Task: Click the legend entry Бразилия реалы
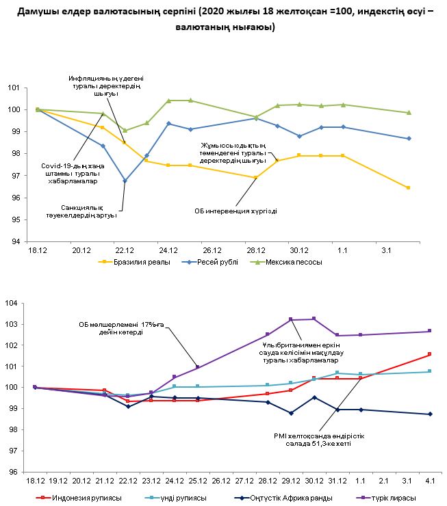(x=138, y=262)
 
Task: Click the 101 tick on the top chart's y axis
(x=14, y=88)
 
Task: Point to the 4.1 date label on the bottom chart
(x=429, y=482)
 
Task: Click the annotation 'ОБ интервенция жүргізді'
(x=236, y=211)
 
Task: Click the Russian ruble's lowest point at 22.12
(x=125, y=181)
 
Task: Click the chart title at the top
(x=223, y=20)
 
